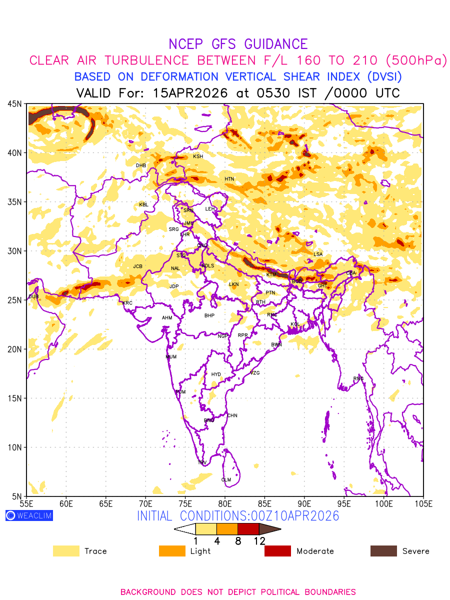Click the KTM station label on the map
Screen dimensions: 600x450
pos(271,274)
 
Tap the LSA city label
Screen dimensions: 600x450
pos(318,254)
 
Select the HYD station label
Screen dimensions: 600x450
pos(216,374)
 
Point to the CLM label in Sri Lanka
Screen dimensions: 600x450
pos(226,480)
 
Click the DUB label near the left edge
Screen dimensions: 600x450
pos(33,296)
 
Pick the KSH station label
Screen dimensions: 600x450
pos(198,156)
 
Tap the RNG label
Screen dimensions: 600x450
pos(358,378)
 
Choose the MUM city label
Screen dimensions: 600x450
pos(171,357)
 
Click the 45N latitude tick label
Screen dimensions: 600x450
pos(14,103)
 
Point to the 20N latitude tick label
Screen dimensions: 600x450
pos(14,349)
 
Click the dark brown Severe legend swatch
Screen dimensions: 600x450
pos(383,551)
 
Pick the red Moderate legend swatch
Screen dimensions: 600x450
pos(277,551)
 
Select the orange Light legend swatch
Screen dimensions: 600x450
pos(172,551)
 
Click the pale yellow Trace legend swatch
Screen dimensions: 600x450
pos(66,551)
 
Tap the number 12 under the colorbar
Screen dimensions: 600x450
pos(259,541)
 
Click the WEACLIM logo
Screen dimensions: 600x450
pos(29,515)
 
